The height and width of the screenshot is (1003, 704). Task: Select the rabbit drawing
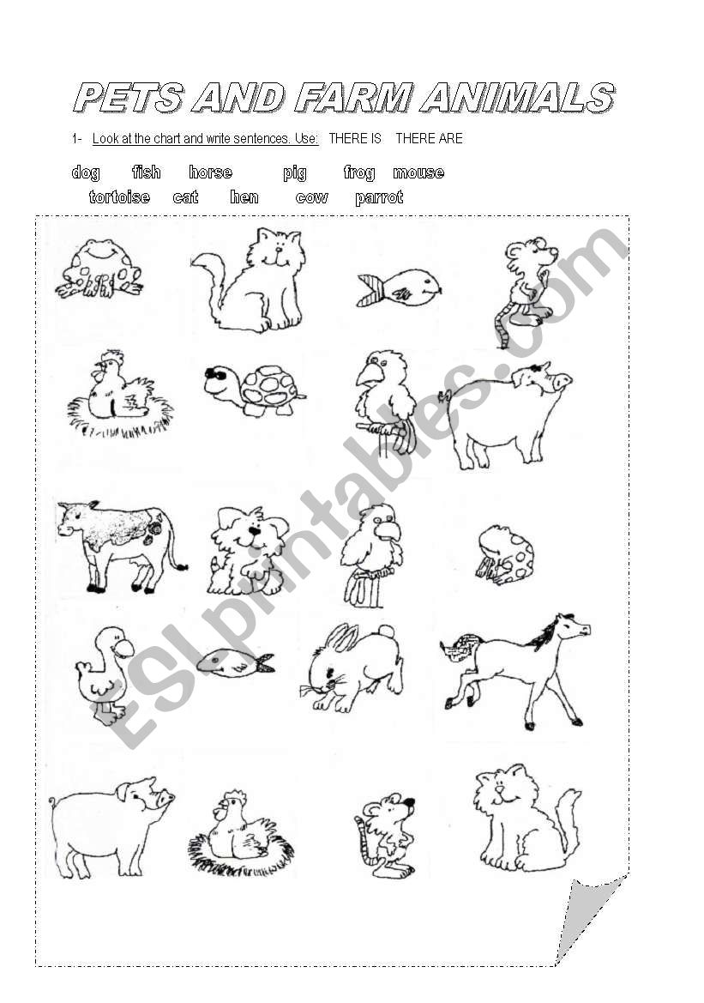352,668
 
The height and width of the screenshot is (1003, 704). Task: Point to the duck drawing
105,675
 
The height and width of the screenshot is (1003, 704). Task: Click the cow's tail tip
184,566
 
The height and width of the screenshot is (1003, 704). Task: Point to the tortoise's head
220,380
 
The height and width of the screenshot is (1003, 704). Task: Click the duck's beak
123,650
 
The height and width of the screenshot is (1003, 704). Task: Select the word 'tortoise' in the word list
119,197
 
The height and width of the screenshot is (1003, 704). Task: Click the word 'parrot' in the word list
379,197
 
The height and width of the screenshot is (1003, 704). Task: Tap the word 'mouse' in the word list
418,172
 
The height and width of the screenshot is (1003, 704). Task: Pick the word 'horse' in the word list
210,172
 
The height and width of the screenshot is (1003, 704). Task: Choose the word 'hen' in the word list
244,197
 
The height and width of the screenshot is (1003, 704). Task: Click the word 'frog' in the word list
359,173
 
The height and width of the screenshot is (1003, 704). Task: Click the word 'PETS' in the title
128,99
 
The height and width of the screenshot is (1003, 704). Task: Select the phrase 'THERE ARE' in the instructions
429,138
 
